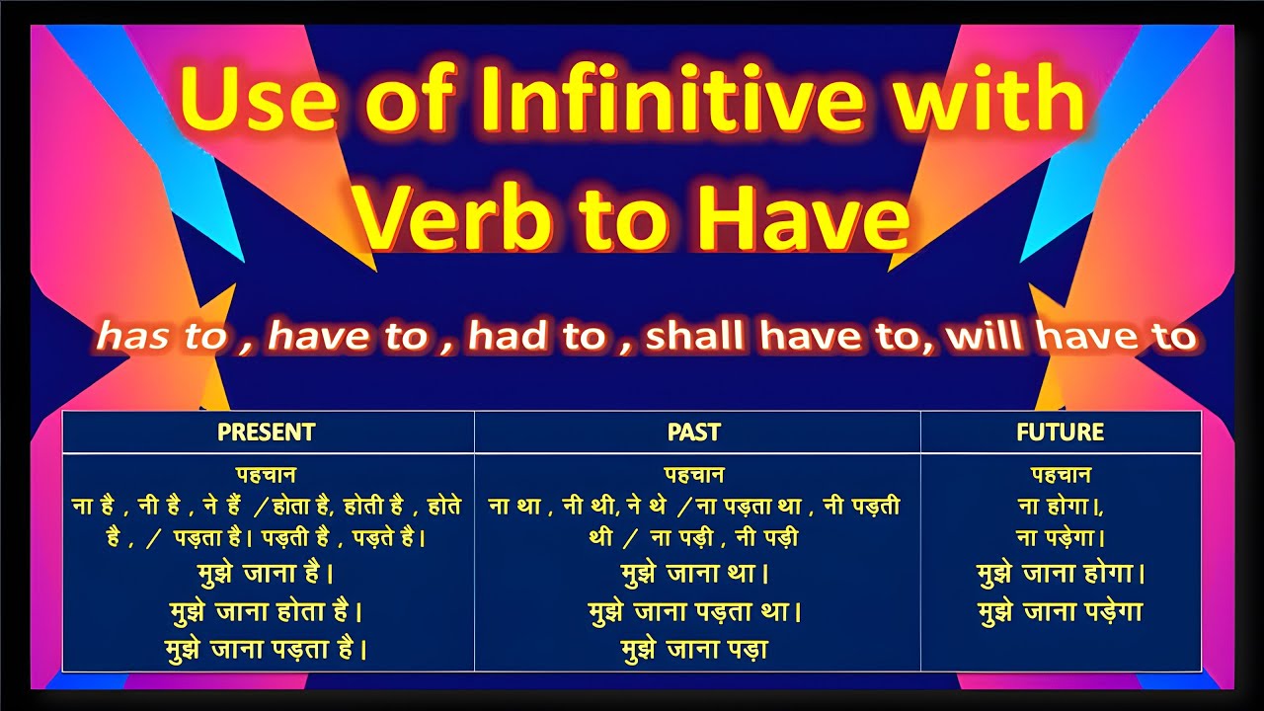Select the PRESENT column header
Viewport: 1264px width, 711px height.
click(267, 433)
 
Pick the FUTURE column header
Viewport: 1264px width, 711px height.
click(1060, 433)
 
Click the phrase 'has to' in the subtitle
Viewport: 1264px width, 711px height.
click(162, 338)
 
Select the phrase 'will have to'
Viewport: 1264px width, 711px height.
click(1070, 338)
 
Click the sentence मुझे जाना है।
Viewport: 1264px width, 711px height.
click(267, 573)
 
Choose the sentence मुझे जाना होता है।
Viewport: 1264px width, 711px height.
click(267, 611)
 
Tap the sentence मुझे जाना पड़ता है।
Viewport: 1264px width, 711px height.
click(267, 650)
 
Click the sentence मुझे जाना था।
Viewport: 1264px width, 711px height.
click(694, 573)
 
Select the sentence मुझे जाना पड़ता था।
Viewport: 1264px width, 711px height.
click(694, 611)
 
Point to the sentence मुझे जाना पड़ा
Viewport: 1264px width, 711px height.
click(694, 650)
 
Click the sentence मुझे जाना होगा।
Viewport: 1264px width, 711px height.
click(1061, 574)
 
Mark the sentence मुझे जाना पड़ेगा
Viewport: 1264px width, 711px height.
click(1061, 612)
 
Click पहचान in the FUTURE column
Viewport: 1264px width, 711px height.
click(1061, 475)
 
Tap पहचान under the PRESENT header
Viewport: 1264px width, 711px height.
click(267, 475)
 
